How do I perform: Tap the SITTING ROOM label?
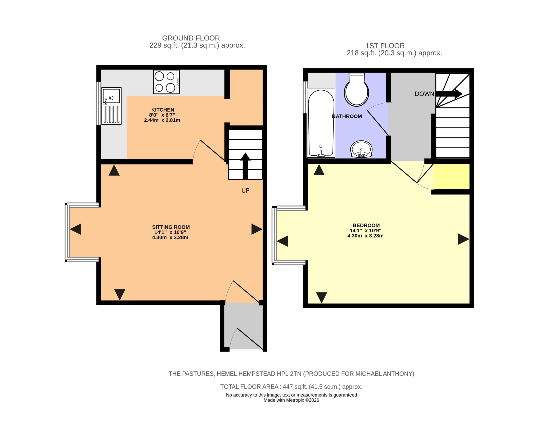[x=171, y=227]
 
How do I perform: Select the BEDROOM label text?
[x=366, y=225]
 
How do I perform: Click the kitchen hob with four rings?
[x=166, y=82]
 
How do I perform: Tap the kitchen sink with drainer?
[x=111, y=106]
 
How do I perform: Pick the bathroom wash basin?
[x=361, y=149]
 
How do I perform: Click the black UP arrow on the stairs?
[x=245, y=166]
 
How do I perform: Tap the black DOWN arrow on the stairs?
[x=449, y=94]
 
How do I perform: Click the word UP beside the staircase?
[x=245, y=190]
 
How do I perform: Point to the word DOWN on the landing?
[x=424, y=94]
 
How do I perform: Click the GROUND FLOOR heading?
[x=191, y=38]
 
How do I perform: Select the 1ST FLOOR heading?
[x=385, y=46]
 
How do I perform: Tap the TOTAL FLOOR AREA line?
[x=291, y=387]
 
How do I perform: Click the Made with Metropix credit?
[x=291, y=400]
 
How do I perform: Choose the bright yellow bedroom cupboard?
[x=452, y=176]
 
